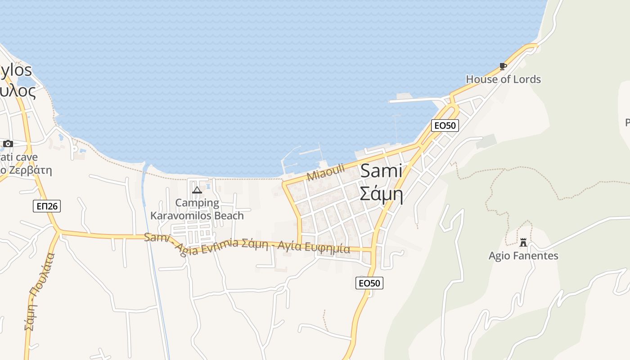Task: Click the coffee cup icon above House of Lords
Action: (x=503, y=67)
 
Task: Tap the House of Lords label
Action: (x=503, y=79)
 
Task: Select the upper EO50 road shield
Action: (x=445, y=126)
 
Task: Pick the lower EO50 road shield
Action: (x=369, y=283)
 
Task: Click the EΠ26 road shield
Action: (x=46, y=206)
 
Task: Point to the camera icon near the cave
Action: (x=8, y=144)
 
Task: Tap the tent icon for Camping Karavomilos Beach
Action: (x=197, y=190)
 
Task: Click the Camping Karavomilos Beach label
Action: (x=197, y=209)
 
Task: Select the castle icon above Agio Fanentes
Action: (x=523, y=243)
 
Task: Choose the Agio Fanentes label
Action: (x=523, y=256)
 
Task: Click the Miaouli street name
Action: (x=325, y=172)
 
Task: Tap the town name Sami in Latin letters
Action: (x=381, y=171)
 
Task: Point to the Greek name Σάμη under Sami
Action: (x=381, y=194)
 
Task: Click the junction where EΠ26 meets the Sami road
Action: (x=58, y=231)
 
